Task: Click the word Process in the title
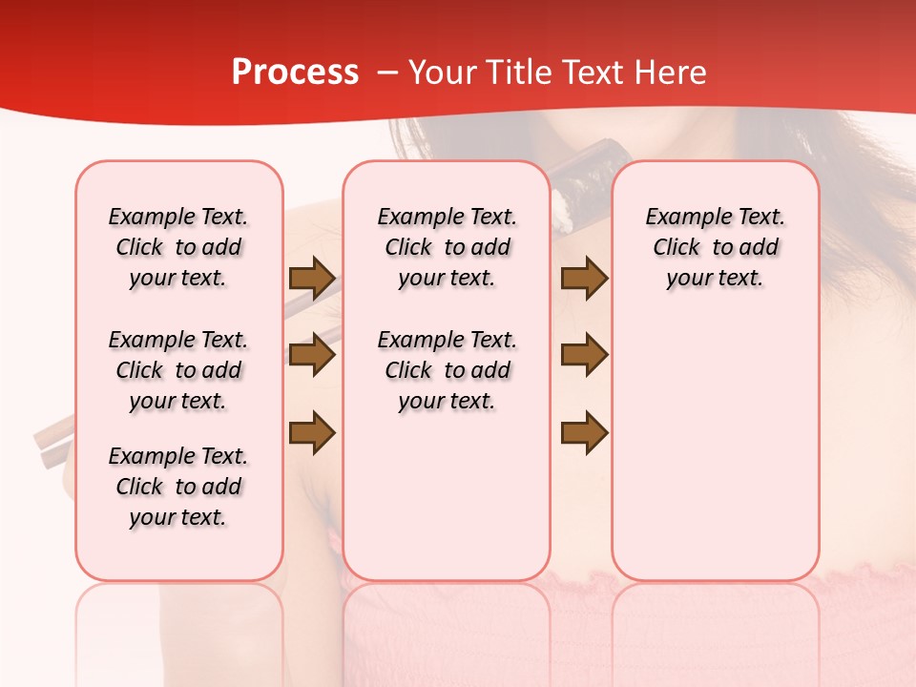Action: pyautogui.click(x=295, y=73)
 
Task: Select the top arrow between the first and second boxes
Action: pyautogui.click(x=312, y=278)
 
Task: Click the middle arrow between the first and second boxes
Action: pyautogui.click(x=312, y=355)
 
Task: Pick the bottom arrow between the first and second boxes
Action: pyautogui.click(x=312, y=432)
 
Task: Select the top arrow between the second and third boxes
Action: pyautogui.click(x=584, y=278)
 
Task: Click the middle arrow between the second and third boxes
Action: pyautogui.click(x=584, y=355)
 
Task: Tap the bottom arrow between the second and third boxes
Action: pyautogui.click(x=584, y=432)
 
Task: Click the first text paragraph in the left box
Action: pyautogui.click(x=178, y=247)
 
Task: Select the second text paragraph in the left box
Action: pyautogui.click(x=178, y=370)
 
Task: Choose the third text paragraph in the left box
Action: pyautogui.click(x=178, y=487)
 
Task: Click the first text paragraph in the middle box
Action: pyautogui.click(x=447, y=247)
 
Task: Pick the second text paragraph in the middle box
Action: pyautogui.click(x=447, y=370)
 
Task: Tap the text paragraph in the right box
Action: pyautogui.click(x=715, y=247)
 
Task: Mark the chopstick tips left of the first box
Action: pyautogui.click(x=52, y=444)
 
